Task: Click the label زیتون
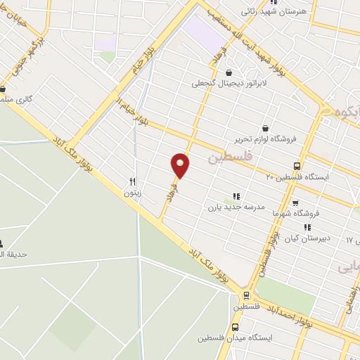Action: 132,192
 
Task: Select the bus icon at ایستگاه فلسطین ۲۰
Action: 298,167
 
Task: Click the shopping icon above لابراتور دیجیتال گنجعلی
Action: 229,72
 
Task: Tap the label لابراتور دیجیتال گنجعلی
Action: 220,83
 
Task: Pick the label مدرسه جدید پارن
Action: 235,207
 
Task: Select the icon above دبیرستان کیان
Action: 307,227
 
